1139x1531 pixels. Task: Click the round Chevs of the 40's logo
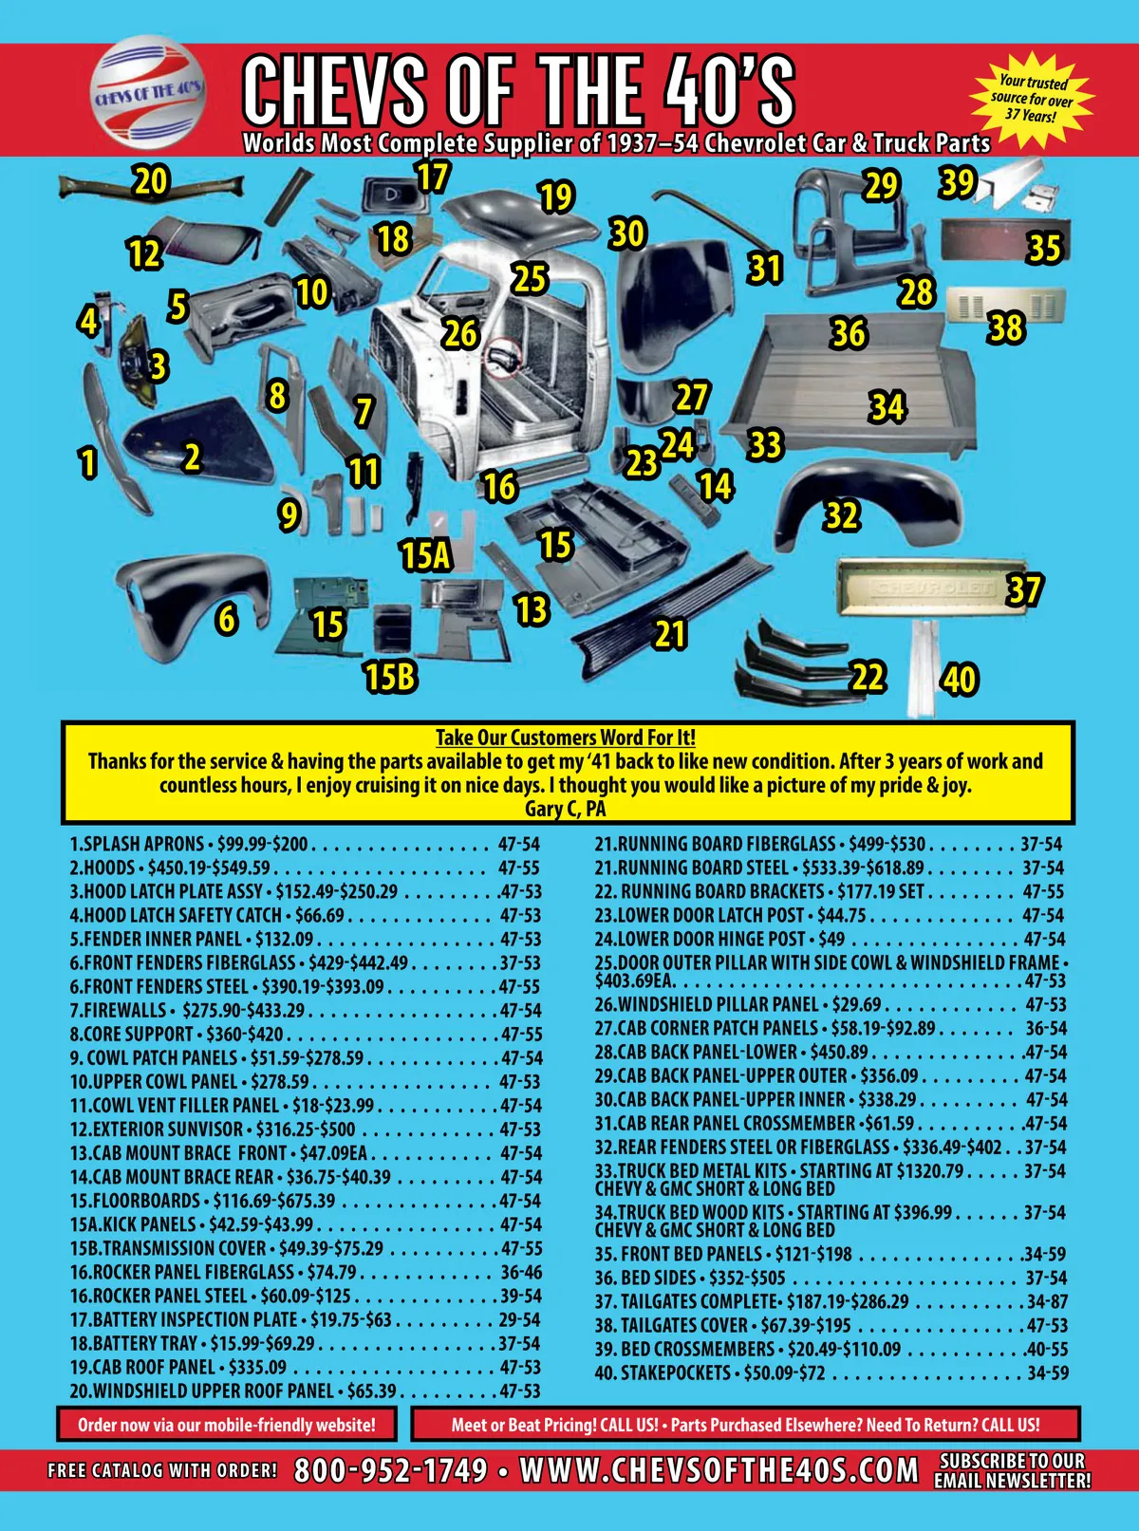click(148, 92)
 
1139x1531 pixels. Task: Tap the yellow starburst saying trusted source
click(1032, 100)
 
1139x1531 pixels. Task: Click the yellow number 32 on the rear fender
click(842, 515)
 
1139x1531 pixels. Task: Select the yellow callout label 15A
click(426, 555)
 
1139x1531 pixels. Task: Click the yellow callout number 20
click(151, 181)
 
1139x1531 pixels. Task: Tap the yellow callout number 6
click(227, 619)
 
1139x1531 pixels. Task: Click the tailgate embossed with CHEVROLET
click(930, 588)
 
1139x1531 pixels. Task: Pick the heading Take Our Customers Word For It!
click(566, 737)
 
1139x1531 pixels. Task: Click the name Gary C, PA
click(566, 809)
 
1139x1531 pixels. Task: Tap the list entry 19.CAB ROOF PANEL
click(305, 1367)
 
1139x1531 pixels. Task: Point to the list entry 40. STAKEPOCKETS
click(830, 1372)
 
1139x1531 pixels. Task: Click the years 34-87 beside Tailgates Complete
click(1047, 1302)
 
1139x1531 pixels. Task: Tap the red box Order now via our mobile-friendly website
click(227, 1424)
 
